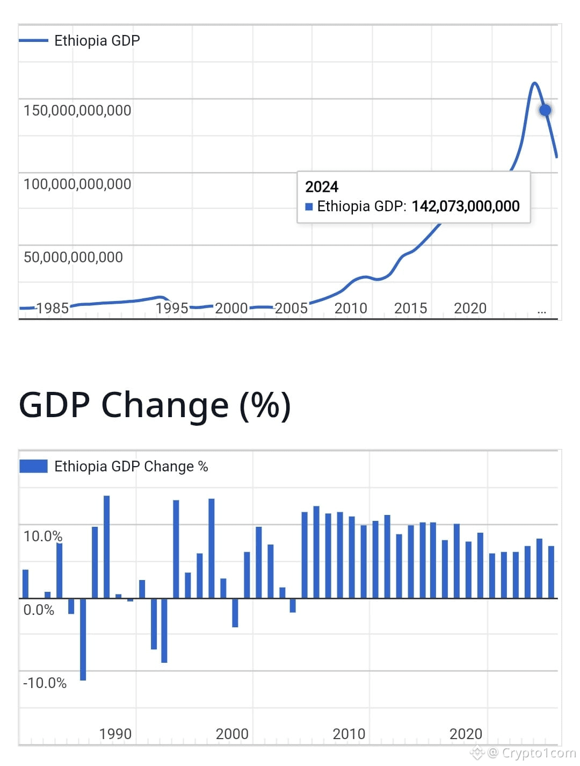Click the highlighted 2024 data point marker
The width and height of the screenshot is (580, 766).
tap(545, 110)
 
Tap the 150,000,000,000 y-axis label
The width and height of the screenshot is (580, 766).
tap(77, 111)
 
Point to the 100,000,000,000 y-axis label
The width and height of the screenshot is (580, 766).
tap(77, 184)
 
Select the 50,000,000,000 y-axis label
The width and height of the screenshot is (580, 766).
tap(73, 257)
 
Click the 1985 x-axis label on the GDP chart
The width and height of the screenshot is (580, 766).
tap(52, 309)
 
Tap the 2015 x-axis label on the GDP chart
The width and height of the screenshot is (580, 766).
tap(410, 309)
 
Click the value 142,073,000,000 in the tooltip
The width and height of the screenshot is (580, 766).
tap(466, 206)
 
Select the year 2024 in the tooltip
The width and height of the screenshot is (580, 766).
tap(322, 187)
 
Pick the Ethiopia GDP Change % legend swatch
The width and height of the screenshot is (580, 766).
tap(33, 466)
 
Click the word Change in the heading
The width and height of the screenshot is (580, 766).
tap(164, 405)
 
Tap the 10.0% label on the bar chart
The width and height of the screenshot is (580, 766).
tap(43, 536)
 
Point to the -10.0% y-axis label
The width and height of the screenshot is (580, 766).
tap(45, 683)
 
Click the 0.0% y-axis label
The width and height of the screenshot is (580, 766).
tap(39, 610)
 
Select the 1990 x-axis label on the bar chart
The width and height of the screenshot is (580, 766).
tap(115, 734)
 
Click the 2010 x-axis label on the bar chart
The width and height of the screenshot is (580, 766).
tap(349, 734)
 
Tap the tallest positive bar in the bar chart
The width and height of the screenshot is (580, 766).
tap(106, 546)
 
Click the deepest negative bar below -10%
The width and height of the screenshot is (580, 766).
tap(83, 640)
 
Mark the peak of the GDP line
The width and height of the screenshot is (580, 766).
tap(534, 83)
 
